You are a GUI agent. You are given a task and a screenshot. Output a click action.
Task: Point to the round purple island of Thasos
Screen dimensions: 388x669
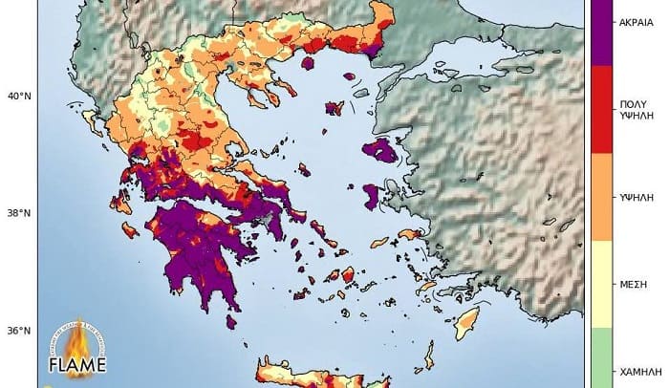point(309,64)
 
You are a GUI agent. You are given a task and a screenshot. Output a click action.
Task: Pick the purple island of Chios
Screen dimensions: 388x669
point(372,197)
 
